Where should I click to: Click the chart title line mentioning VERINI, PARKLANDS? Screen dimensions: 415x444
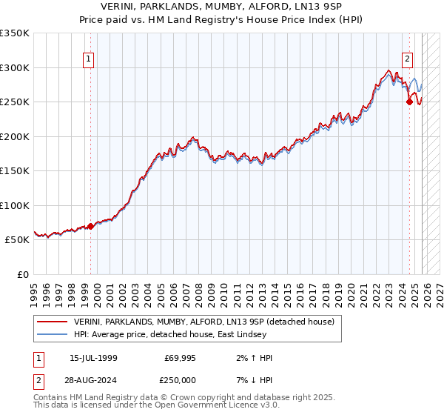point(222,6)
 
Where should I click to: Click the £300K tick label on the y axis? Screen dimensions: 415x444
point(15,67)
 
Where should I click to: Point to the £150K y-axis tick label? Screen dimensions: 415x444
point(15,171)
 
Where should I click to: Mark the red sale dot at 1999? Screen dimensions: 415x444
point(91,226)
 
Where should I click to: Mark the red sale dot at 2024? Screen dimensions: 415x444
point(409,102)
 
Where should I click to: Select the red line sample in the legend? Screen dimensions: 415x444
point(52,322)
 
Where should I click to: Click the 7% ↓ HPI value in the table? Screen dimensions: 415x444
point(251,380)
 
